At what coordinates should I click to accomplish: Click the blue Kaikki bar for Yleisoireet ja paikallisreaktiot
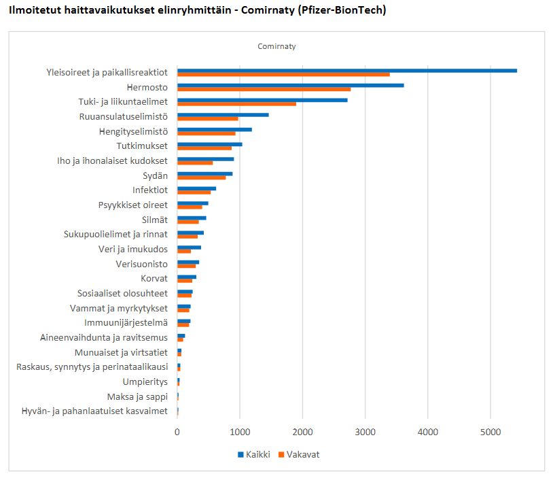(x=346, y=71)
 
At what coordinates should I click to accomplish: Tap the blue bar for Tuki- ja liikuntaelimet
(x=262, y=100)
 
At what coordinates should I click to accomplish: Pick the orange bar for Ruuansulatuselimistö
(x=208, y=118)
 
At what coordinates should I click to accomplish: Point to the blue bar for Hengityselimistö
(x=214, y=129)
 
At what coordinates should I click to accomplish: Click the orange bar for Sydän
(x=201, y=177)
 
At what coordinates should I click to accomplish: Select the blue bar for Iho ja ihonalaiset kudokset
(x=205, y=159)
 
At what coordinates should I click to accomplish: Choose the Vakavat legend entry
(x=299, y=454)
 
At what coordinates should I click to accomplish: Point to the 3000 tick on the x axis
(x=365, y=431)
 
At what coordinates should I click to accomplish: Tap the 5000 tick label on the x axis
(x=490, y=431)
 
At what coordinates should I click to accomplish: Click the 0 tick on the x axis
(x=177, y=431)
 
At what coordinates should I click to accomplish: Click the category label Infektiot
(x=150, y=190)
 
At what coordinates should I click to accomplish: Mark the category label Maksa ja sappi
(x=137, y=396)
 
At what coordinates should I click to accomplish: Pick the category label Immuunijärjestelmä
(x=126, y=323)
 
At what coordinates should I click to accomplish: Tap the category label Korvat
(x=154, y=279)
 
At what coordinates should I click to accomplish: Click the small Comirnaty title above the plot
(x=276, y=46)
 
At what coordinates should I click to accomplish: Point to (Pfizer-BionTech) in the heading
(x=341, y=10)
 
